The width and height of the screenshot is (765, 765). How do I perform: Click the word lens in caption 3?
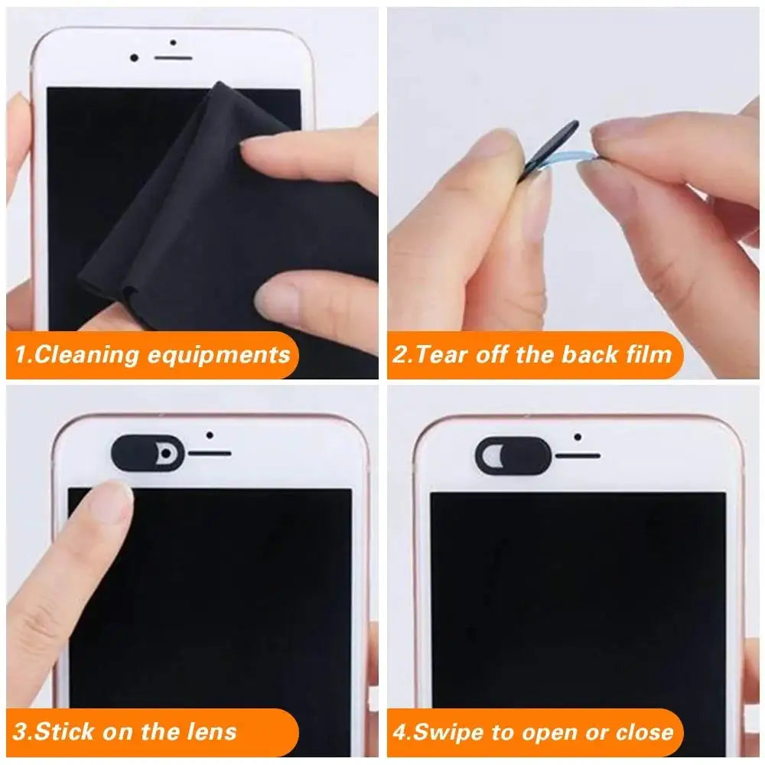pyautogui.click(x=210, y=731)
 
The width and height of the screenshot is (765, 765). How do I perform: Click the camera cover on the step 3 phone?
pyautogui.click(x=148, y=454)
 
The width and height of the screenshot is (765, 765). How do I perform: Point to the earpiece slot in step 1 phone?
pyautogui.click(x=173, y=58)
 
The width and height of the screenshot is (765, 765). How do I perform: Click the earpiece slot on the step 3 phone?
pyautogui.click(x=210, y=454)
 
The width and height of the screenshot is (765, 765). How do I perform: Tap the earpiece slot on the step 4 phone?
pyautogui.click(x=578, y=457)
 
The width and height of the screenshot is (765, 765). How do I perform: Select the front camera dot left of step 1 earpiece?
pyautogui.click(x=135, y=58)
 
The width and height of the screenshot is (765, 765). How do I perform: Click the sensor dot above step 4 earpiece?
pyautogui.click(x=578, y=438)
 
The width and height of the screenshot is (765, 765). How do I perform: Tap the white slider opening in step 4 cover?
pyautogui.click(x=494, y=457)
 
